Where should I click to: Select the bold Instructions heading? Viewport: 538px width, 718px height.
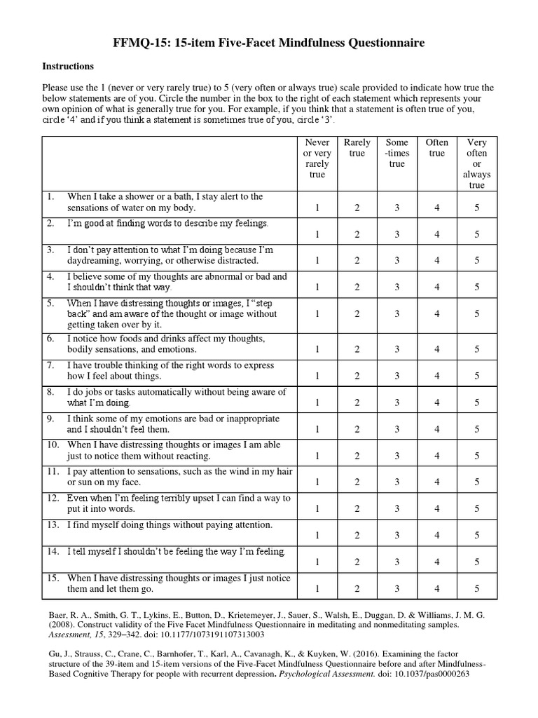pos(68,67)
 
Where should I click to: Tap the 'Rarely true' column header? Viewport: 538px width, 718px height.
pos(357,147)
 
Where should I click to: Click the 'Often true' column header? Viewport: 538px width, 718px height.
pos(437,147)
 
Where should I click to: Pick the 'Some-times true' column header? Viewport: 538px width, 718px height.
pos(397,153)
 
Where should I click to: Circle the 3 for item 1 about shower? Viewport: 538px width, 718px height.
pos(397,207)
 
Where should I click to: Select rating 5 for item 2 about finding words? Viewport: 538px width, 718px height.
pos(477,233)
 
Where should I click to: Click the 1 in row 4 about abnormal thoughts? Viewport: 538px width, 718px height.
pos(317,287)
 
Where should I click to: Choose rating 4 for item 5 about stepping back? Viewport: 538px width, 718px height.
pos(437,314)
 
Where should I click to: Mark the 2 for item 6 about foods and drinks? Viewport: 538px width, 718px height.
pos(357,348)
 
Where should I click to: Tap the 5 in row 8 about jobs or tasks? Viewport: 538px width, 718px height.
pos(477,402)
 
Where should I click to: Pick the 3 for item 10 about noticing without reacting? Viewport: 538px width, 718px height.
pos(397,456)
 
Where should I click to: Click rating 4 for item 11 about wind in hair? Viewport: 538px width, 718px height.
pos(437,482)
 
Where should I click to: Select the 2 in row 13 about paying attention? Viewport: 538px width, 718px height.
pos(357,535)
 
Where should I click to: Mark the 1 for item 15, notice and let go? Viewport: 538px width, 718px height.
pos(317,588)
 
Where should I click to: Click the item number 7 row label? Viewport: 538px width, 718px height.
pos(50,365)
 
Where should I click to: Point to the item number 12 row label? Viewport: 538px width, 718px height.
pos(53,498)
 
